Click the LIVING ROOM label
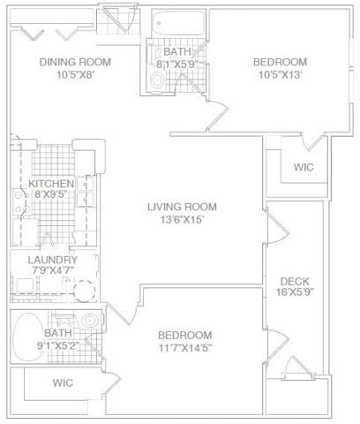(x=182, y=207)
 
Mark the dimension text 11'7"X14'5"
(x=185, y=348)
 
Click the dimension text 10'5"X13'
(x=280, y=76)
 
